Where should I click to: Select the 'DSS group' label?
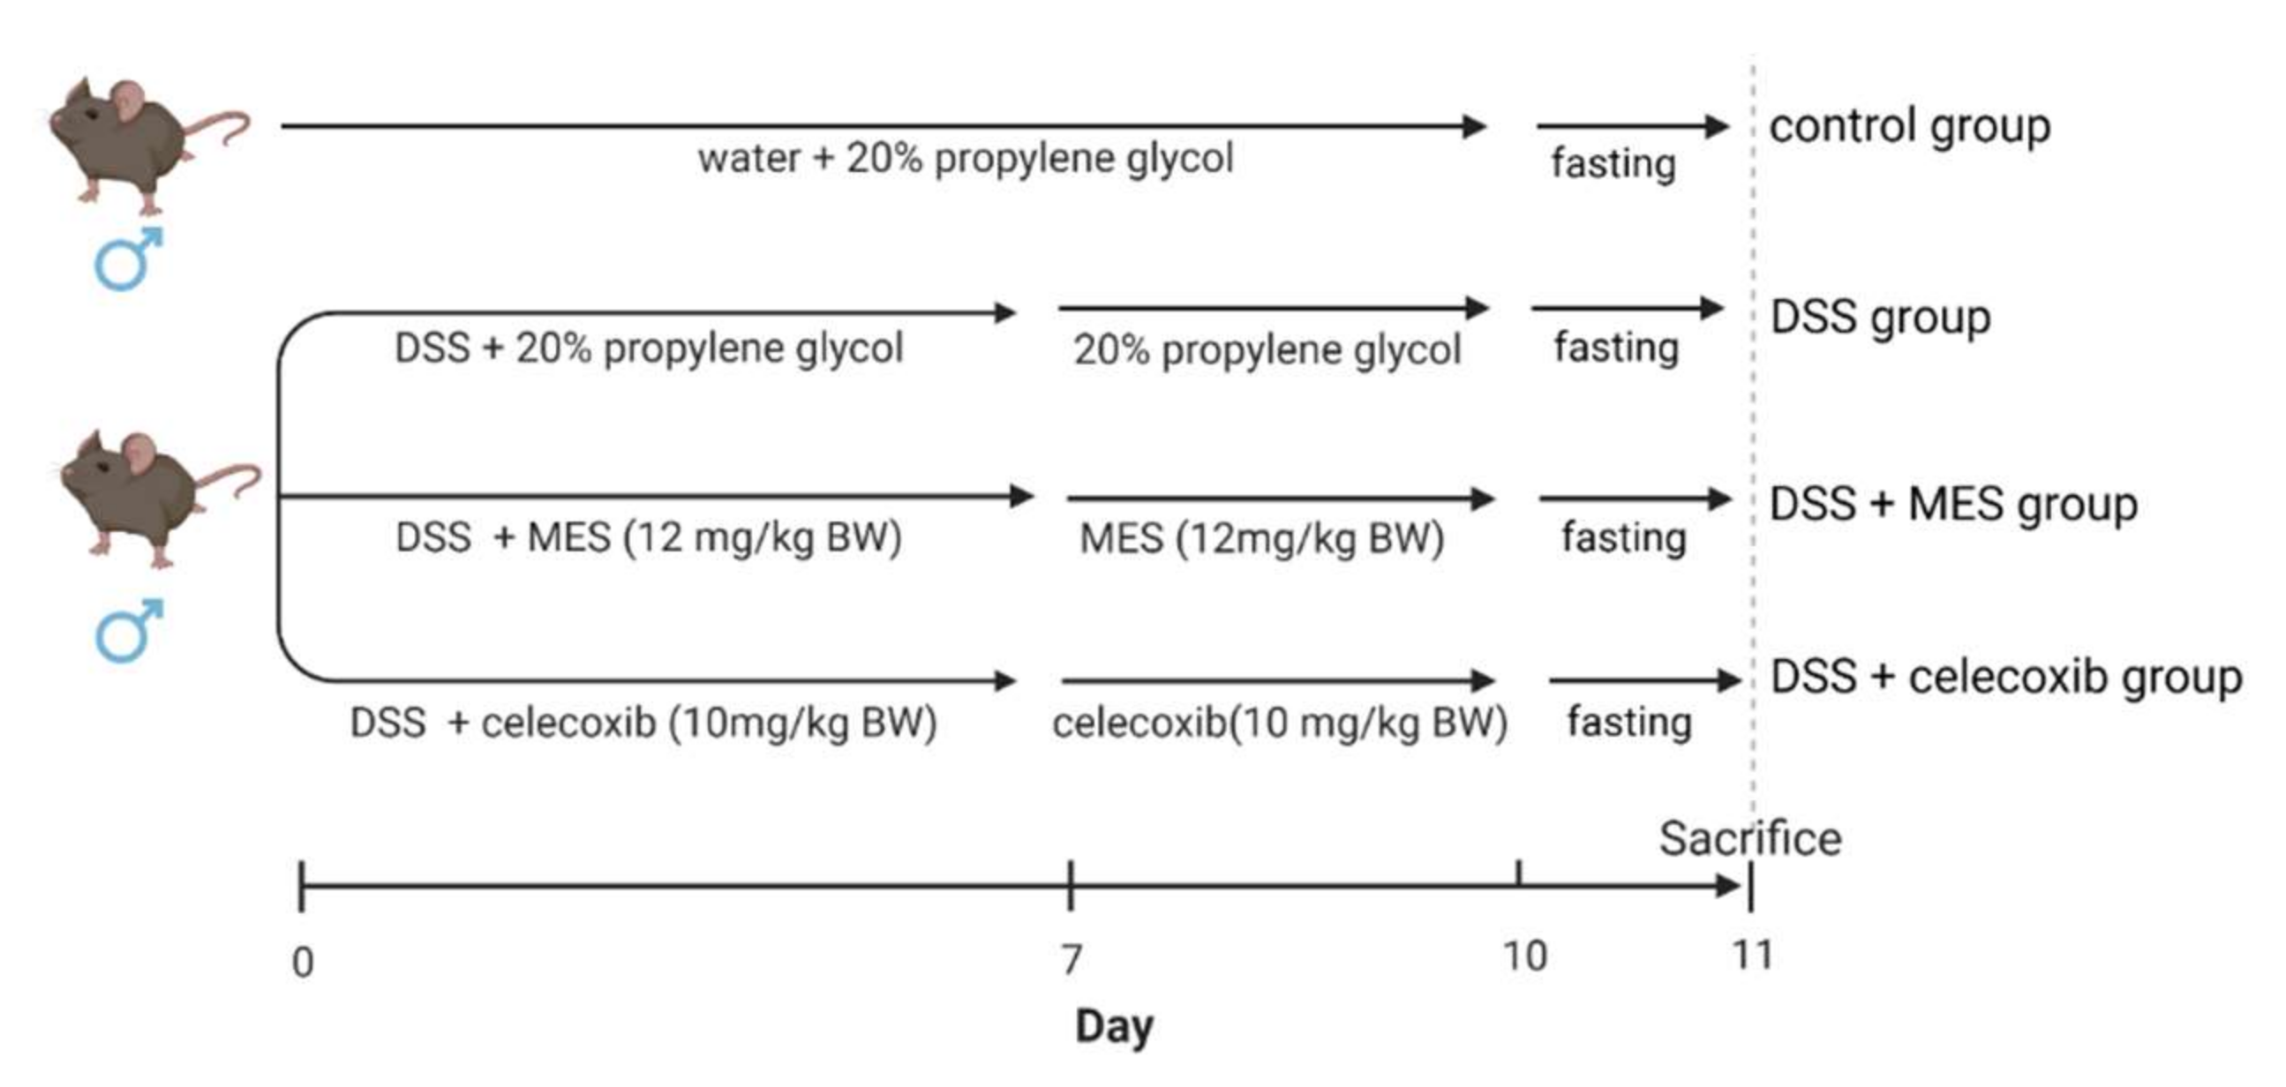tap(1880, 318)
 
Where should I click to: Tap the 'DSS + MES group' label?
tap(1952, 504)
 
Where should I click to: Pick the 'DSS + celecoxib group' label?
tap(2005, 678)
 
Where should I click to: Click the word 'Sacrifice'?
tap(1750, 838)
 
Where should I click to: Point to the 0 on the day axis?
tap(303, 962)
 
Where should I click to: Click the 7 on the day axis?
tap(1072, 959)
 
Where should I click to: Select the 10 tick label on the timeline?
tap(1524, 956)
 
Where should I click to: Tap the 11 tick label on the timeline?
tap(1753, 956)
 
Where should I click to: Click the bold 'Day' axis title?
tap(1114, 1027)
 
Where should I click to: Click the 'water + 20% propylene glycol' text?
tap(966, 159)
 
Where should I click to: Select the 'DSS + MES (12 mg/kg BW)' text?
tap(649, 537)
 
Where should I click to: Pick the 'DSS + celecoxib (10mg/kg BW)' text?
tap(643, 723)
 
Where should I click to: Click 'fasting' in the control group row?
tap(1613, 164)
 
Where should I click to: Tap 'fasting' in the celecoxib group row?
tap(1629, 722)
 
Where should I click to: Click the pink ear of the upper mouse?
tap(128, 101)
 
